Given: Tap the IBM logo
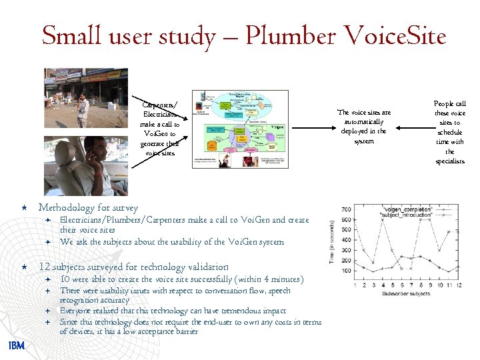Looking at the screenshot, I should pyautogui.click(x=16, y=345).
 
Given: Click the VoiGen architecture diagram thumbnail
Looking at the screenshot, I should pyautogui.click(x=240, y=129).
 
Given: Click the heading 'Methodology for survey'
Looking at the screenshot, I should pyautogui.click(x=88, y=208).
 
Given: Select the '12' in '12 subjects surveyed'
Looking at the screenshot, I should pyautogui.click(x=44, y=267).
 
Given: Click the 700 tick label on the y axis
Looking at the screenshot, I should pyautogui.click(x=346, y=210).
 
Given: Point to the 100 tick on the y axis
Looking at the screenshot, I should pyautogui.click(x=346, y=271).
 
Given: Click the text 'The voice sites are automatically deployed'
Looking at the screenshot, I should pyautogui.click(x=364, y=122).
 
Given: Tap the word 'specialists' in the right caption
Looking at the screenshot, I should pyautogui.click(x=450, y=161).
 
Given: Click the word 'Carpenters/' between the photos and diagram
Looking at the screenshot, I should pyautogui.click(x=159, y=105).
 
